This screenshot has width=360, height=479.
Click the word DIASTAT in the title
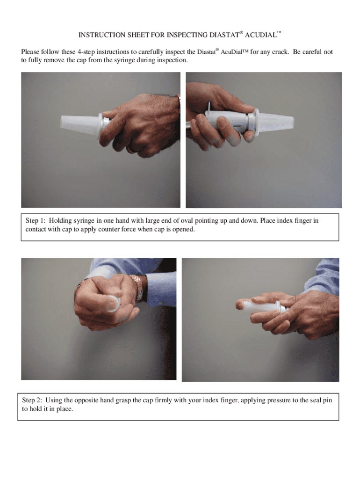pos(224,35)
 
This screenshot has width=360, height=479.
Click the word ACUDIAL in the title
pos(260,35)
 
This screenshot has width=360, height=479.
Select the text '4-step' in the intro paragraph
pos(86,52)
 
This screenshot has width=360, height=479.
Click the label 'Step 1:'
pos(35,221)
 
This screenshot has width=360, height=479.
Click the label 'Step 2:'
pos(32,400)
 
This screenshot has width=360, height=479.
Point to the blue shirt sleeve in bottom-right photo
pos(323,276)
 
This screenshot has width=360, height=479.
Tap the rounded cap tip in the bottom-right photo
pos(240,305)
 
